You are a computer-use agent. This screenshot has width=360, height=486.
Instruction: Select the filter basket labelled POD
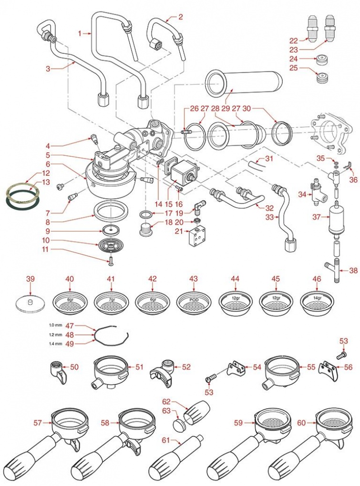pyautogui.click(x=193, y=301)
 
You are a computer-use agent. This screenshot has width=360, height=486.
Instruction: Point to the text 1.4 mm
pyautogui.click(x=55, y=343)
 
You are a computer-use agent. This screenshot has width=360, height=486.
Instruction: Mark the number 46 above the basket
pyautogui.click(x=316, y=278)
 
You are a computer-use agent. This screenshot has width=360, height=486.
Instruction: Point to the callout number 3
pyautogui.click(x=48, y=69)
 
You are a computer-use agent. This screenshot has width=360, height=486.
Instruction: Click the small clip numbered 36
pyautogui.click(x=348, y=166)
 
